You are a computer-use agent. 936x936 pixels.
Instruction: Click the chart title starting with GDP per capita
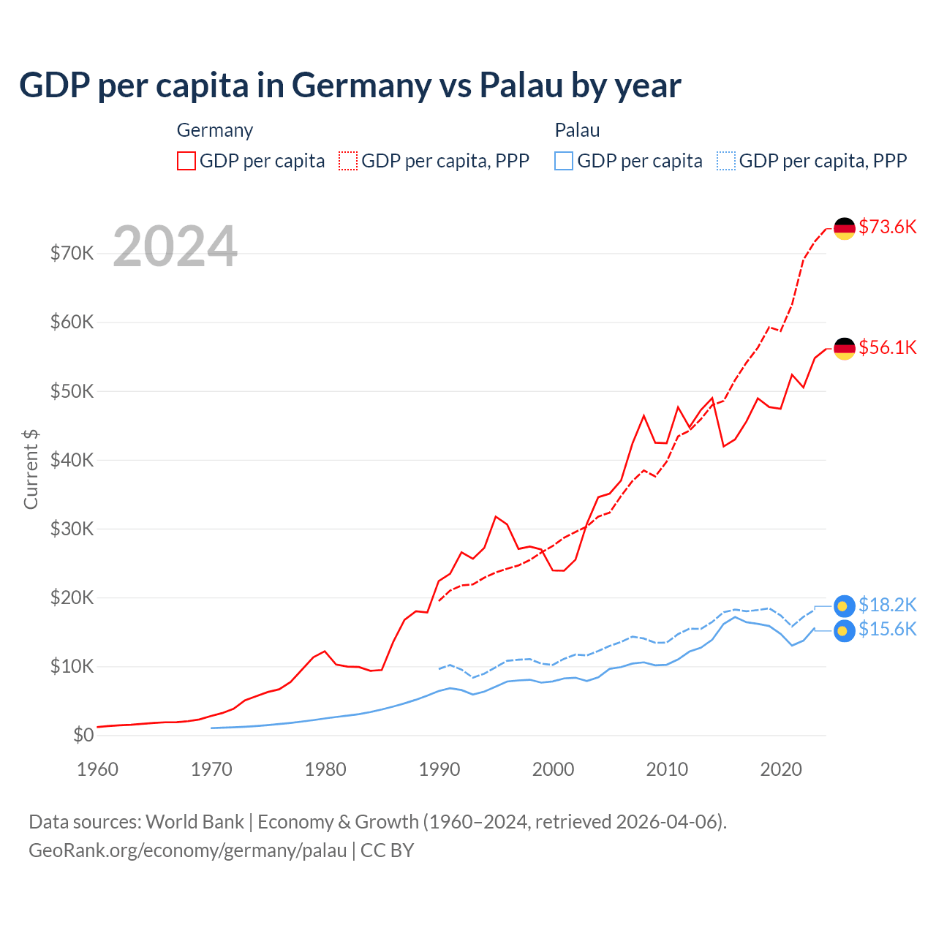click(x=350, y=86)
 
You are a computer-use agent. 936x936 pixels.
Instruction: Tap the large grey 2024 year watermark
click(x=175, y=246)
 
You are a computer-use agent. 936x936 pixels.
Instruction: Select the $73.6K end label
click(x=887, y=227)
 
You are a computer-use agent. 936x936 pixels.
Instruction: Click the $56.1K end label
click(x=887, y=347)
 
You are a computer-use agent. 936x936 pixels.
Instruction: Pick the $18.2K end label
click(x=887, y=605)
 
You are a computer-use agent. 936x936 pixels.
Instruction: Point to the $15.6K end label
click(x=887, y=629)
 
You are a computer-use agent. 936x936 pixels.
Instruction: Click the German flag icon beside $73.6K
click(x=845, y=228)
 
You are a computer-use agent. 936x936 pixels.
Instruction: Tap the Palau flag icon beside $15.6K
click(x=845, y=631)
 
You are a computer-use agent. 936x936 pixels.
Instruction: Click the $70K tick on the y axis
click(x=72, y=253)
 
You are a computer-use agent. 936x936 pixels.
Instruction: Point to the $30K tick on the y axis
click(x=72, y=529)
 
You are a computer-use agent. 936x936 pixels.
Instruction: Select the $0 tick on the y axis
click(x=83, y=735)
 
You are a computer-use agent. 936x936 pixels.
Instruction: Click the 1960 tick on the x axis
click(x=97, y=769)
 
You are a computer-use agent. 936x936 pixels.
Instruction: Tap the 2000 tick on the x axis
click(x=553, y=769)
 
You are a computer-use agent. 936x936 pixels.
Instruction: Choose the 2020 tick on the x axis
click(x=781, y=769)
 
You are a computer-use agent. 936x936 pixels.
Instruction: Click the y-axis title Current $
click(x=31, y=469)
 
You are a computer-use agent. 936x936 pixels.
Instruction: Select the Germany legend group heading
click(x=215, y=130)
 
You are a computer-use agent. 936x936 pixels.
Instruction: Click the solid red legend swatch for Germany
click(x=186, y=161)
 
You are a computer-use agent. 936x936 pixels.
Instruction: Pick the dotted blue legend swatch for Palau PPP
click(x=726, y=161)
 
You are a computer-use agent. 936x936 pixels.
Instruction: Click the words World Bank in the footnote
click(x=195, y=822)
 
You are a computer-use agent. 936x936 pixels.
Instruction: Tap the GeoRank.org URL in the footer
click(x=187, y=850)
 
